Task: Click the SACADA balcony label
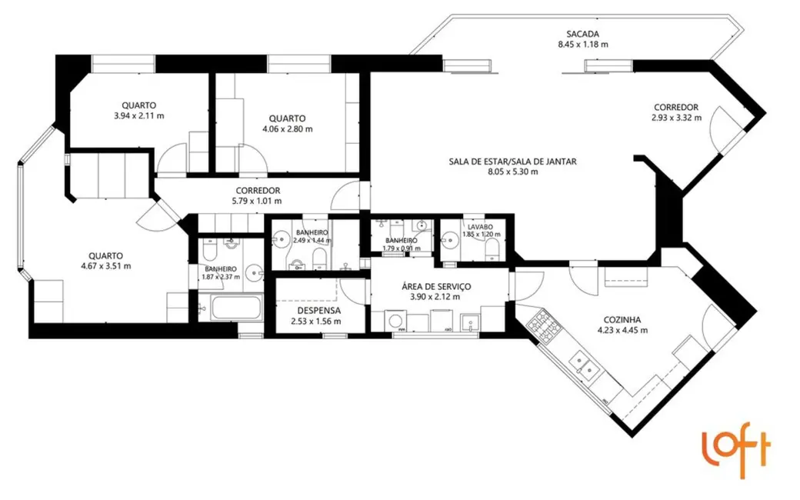[x=582, y=34]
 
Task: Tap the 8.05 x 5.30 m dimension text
[x=512, y=172]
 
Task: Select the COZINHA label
[x=622, y=320]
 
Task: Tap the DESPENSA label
[x=315, y=311]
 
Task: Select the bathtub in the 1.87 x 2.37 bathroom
[x=236, y=309]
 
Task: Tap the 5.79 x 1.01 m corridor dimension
[x=257, y=201]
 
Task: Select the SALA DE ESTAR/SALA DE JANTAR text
[x=512, y=162]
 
